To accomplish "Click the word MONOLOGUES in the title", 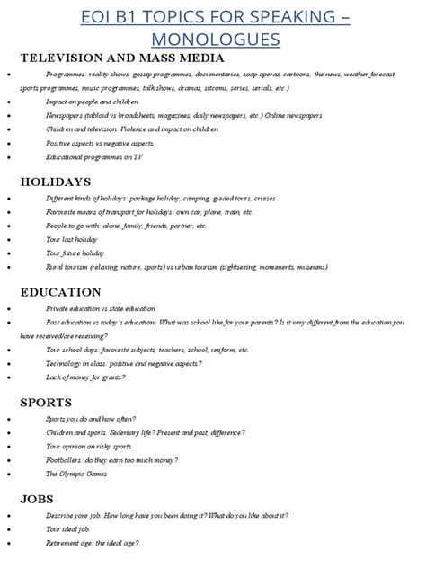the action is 215,40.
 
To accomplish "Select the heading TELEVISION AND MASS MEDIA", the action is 122,58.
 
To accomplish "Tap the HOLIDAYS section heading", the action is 56,182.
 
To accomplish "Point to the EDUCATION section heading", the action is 60,292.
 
